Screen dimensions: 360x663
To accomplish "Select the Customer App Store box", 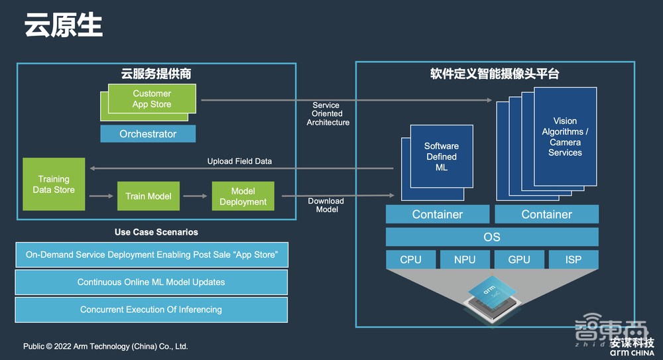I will click(x=152, y=99).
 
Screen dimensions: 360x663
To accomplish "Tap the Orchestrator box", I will click(x=148, y=134).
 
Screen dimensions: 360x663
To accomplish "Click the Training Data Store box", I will click(x=54, y=184).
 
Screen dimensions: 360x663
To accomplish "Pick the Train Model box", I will click(x=149, y=196).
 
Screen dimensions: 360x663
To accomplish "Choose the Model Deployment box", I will click(x=243, y=196).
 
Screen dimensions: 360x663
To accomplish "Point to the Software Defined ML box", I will click(x=441, y=157).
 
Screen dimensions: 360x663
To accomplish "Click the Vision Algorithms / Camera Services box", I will click(x=564, y=137).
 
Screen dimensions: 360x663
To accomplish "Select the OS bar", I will click(x=492, y=237).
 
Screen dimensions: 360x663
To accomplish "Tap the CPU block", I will click(x=411, y=259).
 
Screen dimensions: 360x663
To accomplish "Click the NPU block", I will click(x=465, y=259).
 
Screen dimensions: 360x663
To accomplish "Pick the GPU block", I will click(x=519, y=259).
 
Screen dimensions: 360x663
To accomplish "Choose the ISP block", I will click(x=573, y=259).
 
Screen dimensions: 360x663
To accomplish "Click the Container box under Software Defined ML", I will click(x=438, y=214).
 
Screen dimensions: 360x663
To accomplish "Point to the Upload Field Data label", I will click(x=239, y=161).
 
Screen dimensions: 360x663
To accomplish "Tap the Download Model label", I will click(x=326, y=205).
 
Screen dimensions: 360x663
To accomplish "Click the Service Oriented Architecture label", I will click(x=327, y=114).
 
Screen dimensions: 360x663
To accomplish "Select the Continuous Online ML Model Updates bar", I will click(x=151, y=282).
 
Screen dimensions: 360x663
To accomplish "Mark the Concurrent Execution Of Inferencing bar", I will click(x=151, y=310).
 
